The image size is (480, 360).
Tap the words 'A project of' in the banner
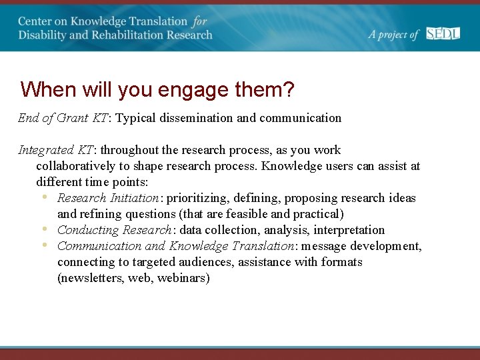[394, 35]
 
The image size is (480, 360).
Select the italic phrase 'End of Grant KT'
[63, 118]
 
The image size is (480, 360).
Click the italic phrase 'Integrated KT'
[56, 150]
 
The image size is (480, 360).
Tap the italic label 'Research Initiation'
[108, 198]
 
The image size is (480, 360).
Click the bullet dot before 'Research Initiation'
[44, 197]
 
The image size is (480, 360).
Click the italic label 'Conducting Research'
[114, 230]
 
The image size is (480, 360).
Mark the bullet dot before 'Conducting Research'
[44, 229]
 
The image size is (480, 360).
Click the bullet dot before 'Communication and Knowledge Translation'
[44, 245]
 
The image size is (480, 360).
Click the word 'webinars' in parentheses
[181, 278]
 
